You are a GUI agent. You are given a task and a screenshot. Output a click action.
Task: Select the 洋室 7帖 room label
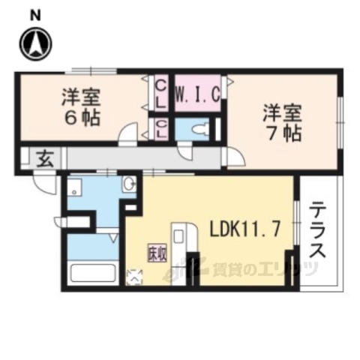(x=282, y=124)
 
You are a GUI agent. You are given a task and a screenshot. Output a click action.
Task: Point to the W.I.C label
(x=197, y=94)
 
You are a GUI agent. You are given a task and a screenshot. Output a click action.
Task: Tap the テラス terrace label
(x=317, y=229)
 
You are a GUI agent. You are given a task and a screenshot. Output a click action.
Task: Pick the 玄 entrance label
(x=44, y=158)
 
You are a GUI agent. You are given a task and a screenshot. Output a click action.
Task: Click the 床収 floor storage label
(x=156, y=253)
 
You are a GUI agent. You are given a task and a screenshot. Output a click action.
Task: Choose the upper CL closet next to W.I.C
(x=161, y=93)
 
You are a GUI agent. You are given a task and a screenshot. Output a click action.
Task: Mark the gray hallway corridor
(x=142, y=158)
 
